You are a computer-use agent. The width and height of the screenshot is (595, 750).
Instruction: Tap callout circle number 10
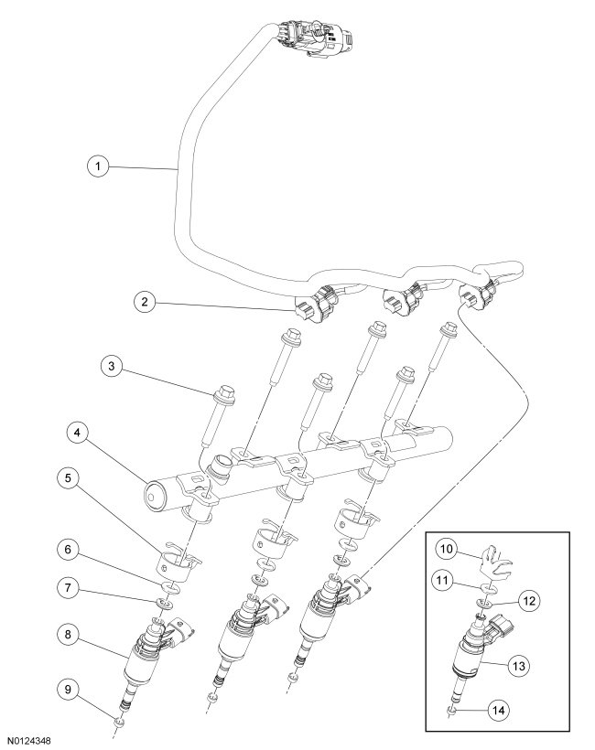click(x=446, y=552)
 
